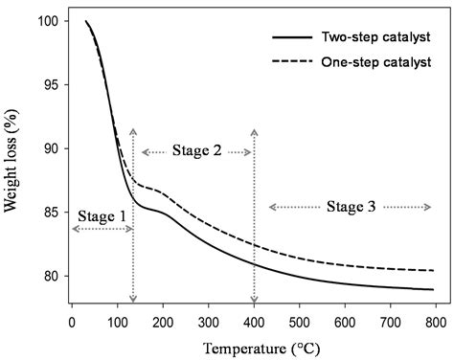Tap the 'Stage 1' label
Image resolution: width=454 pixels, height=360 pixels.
pos(102,216)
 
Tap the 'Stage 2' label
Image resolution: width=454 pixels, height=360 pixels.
pos(197,151)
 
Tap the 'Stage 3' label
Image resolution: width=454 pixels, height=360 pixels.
pos(350,206)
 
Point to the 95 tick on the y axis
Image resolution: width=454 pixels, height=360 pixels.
pos(49,85)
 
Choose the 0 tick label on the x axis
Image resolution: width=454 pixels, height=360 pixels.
pos(72,321)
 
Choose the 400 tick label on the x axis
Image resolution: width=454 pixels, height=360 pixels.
pos(254,321)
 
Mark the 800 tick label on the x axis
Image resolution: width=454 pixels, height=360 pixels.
pos(436,321)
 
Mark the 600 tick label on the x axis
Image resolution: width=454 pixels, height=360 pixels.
pos(345,321)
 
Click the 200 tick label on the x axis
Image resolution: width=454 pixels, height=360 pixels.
pos(163,321)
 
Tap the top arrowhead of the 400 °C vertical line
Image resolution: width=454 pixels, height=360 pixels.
pos(254,130)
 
